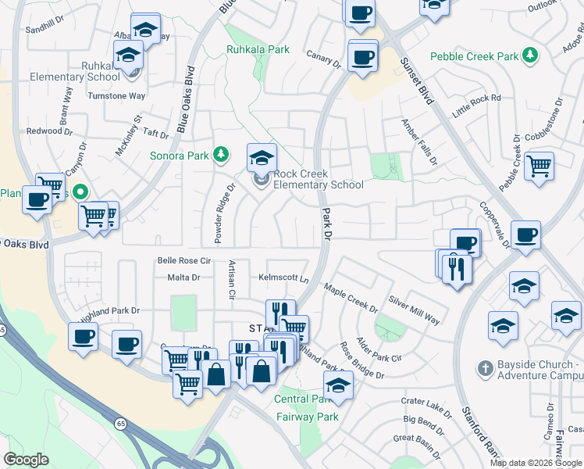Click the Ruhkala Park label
pos(258,49)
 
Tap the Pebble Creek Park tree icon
pos(531,55)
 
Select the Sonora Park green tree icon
pos(221,155)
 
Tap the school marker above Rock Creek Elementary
pos(262,158)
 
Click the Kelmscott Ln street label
pos(283,278)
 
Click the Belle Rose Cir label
pos(184,260)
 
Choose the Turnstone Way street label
pos(116,96)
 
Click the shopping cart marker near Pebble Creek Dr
pos(539,166)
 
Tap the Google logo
pos(27,460)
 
